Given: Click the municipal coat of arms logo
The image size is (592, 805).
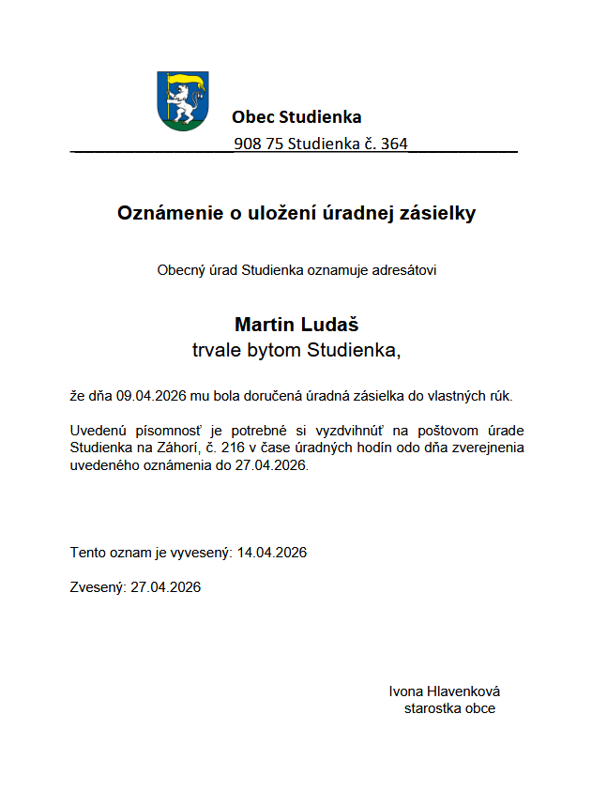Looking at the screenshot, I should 184,100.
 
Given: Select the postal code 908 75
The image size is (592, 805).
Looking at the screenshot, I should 259,144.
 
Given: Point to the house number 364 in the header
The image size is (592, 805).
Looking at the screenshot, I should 395,144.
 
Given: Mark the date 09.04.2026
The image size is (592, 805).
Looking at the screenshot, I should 149,396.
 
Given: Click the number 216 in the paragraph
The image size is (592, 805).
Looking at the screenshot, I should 233,448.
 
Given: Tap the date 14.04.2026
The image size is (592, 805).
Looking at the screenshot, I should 272,553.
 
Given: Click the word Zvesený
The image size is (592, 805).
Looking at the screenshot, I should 97,588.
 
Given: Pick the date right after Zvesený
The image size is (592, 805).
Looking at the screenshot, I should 166,588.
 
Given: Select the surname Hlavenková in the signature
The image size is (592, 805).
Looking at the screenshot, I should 463,691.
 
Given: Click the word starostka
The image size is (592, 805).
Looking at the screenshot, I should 433,708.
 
